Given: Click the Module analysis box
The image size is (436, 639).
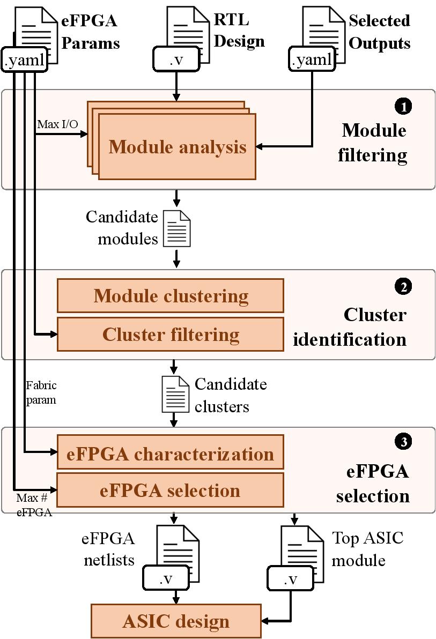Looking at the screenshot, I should [x=177, y=146].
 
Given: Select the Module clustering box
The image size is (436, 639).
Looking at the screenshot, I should [x=171, y=295].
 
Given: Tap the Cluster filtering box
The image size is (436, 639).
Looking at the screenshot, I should [x=171, y=334].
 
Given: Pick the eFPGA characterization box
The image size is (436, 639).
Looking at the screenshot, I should [x=171, y=454].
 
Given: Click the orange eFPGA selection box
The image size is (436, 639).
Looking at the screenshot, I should [x=171, y=491].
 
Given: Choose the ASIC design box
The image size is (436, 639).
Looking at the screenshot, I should [x=176, y=621].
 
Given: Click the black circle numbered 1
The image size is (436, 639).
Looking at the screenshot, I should [x=403, y=107].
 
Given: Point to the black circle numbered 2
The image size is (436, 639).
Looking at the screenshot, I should [x=403, y=287].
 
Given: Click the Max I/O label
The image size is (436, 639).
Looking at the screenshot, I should [x=57, y=124].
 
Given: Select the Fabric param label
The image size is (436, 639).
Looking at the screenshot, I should [x=41, y=392].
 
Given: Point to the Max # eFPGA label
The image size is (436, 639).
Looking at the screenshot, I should [x=34, y=504].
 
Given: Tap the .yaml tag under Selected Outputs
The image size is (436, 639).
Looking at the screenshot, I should [x=312, y=60].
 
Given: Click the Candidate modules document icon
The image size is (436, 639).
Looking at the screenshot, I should [x=176, y=228].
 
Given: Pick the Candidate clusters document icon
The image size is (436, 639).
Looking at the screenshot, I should [x=175, y=394].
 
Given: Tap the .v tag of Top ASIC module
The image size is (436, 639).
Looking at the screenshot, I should [x=290, y=578].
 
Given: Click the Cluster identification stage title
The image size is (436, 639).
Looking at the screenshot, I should [x=350, y=327].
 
